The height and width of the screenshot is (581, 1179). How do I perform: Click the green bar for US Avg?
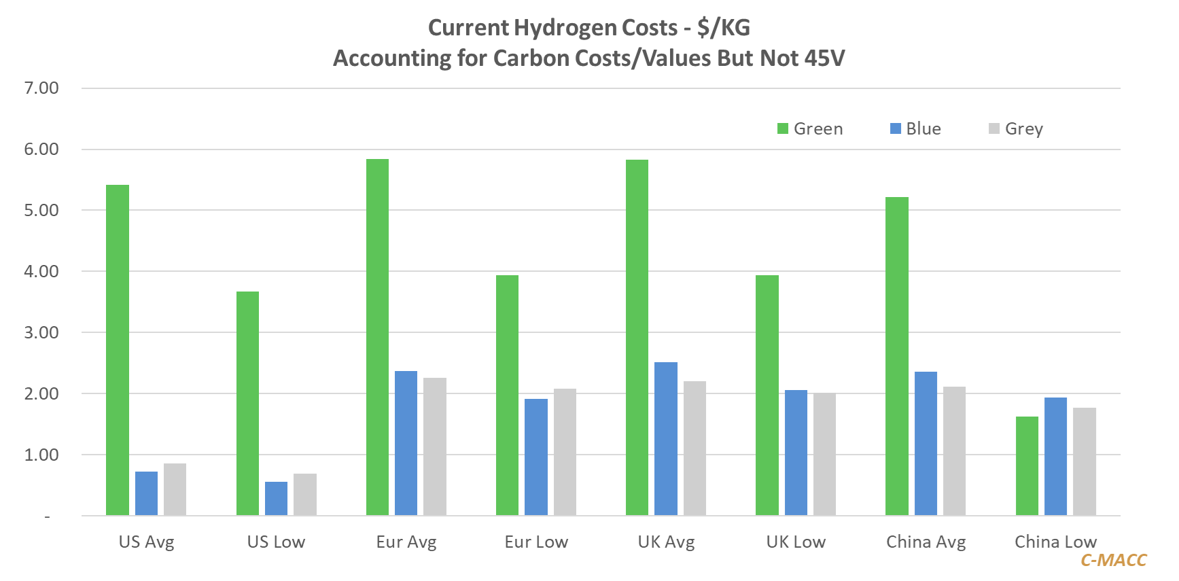(118, 350)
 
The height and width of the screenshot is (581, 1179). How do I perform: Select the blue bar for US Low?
(276, 498)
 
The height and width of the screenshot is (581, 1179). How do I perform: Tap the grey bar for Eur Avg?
(435, 446)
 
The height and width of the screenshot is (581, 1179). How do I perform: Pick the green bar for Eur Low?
(507, 395)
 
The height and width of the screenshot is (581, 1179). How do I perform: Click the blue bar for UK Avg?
(666, 438)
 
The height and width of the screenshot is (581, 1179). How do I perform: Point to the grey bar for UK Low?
(824, 454)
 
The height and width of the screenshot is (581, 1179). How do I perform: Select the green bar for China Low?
(1027, 465)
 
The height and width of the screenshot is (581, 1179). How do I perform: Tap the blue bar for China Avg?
(926, 443)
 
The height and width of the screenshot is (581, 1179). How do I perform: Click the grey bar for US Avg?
(175, 489)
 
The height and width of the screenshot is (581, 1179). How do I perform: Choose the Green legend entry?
(810, 128)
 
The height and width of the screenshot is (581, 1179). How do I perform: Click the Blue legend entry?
(915, 128)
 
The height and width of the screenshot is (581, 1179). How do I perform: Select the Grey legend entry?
(1016, 128)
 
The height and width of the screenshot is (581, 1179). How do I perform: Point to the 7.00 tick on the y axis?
(41, 88)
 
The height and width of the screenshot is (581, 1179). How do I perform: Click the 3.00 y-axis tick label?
(41, 332)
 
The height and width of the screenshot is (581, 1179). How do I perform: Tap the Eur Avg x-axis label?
(406, 542)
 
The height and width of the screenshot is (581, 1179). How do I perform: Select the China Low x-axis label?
(1055, 542)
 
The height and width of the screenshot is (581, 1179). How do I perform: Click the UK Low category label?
(796, 542)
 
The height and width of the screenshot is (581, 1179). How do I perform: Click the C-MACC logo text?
(1113, 560)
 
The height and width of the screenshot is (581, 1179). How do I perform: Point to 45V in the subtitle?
(824, 58)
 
